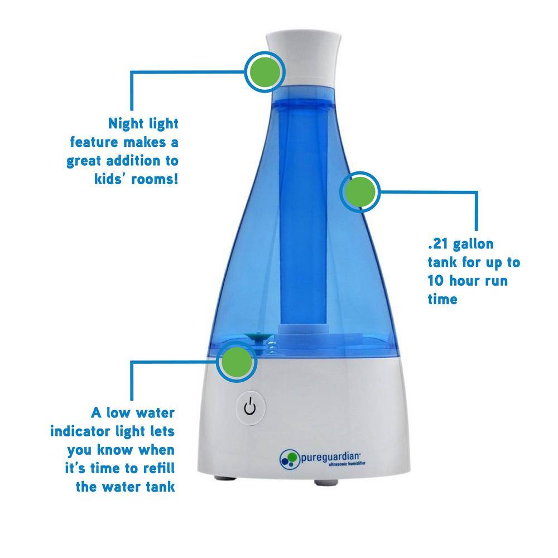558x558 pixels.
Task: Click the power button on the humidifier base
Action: click(x=249, y=408)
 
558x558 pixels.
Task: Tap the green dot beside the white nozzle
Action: click(x=265, y=71)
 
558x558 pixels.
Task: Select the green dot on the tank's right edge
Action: click(x=359, y=193)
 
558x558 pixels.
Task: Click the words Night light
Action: click(x=143, y=123)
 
